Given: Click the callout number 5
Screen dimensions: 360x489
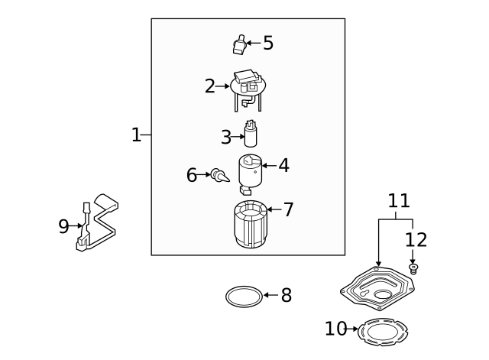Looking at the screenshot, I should click(x=267, y=43).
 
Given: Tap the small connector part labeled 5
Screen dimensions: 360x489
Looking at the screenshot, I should click(x=238, y=46).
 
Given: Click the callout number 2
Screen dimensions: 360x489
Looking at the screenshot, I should click(x=209, y=86).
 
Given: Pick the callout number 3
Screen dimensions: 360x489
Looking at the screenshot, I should click(x=225, y=138).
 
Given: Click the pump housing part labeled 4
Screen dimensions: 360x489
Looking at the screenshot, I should click(x=249, y=174).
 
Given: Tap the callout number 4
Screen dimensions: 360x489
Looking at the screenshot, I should click(x=283, y=165).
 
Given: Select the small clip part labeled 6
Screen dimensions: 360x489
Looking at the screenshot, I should click(x=219, y=177).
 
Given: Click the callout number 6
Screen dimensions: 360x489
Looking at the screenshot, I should click(x=192, y=176).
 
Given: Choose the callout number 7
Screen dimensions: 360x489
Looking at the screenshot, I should click(x=288, y=210).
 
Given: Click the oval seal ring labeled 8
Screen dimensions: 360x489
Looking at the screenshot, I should click(x=243, y=295).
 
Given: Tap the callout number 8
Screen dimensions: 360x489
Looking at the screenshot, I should click(x=286, y=296).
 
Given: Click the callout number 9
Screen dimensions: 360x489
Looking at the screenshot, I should click(x=63, y=226).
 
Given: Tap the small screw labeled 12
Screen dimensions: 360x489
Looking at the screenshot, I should click(x=413, y=268).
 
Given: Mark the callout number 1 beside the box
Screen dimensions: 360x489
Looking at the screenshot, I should click(x=136, y=135).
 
